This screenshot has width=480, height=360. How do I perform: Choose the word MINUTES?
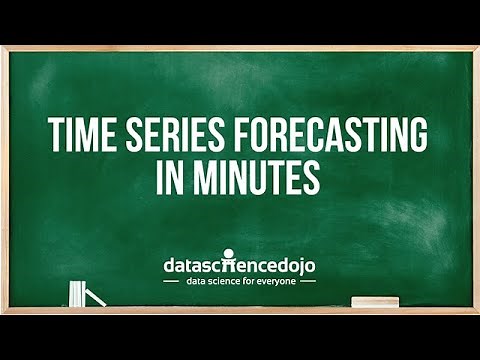[259, 177]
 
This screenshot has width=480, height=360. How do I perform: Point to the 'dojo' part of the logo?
[294, 266]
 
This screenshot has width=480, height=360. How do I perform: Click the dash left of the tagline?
[171, 281]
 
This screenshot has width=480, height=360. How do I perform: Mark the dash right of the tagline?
[308, 281]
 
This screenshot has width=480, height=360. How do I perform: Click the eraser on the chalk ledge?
[375, 302]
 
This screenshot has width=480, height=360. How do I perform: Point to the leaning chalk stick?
[94, 297]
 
